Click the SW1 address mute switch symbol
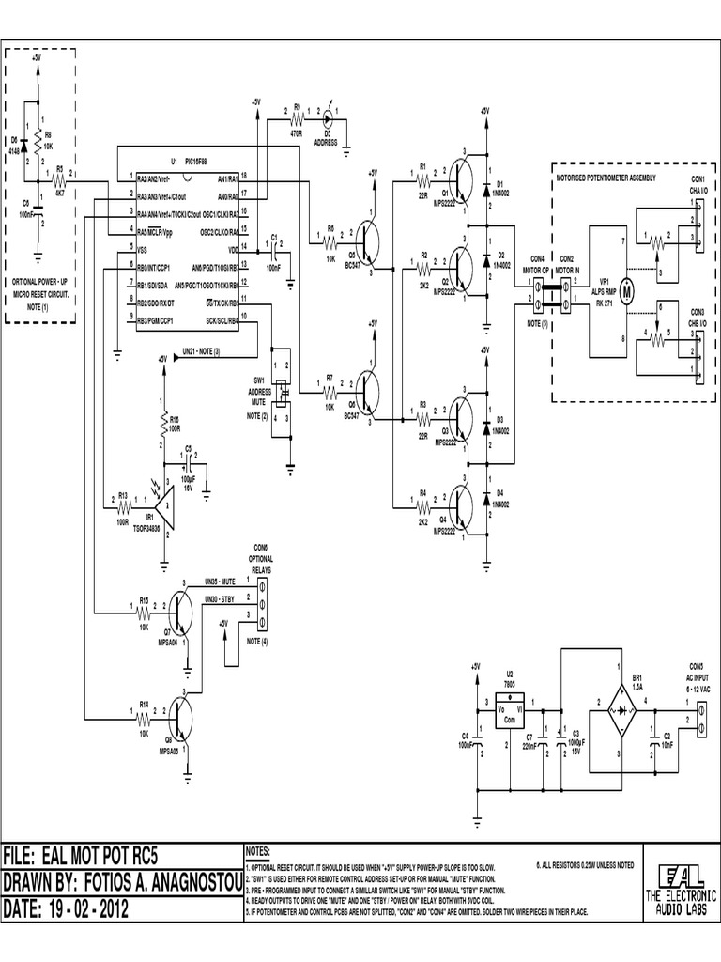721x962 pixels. pyautogui.click(x=280, y=387)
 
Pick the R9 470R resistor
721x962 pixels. pyautogui.click(x=297, y=119)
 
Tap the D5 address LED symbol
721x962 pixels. pyautogui.click(x=328, y=119)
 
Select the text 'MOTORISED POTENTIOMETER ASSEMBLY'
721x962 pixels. pyautogui.click(x=606, y=178)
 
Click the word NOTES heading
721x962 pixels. pyautogui.click(x=260, y=849)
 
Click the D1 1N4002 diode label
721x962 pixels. pyautogui.click(x=500, y=188)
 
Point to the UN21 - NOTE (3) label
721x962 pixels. pyautogui.click(x=202, y=351)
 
